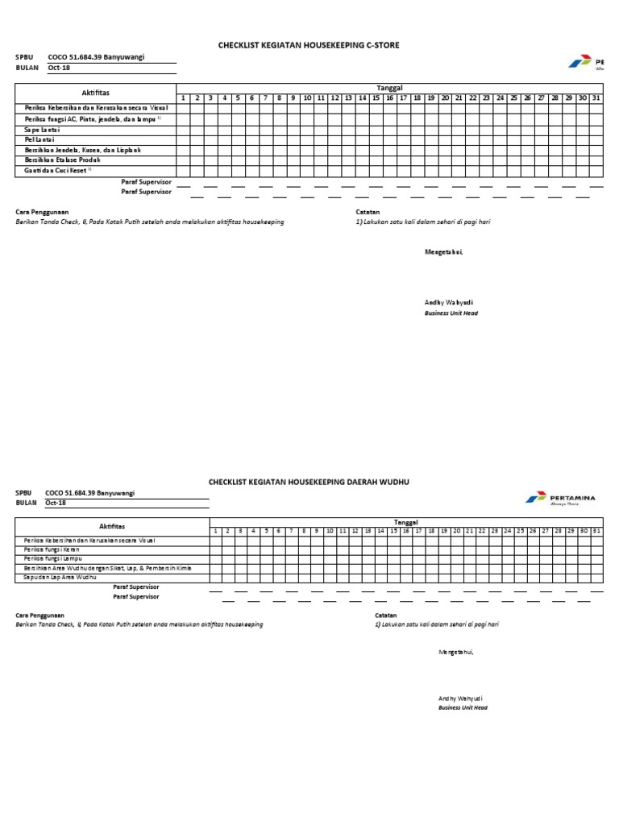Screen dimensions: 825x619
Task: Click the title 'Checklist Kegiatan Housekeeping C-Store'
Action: [309, 46]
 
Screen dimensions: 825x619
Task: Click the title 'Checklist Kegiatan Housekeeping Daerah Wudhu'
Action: [309, 481]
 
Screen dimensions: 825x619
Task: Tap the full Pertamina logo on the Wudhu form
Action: [561, 499]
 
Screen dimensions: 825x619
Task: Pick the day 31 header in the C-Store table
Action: [596, 97]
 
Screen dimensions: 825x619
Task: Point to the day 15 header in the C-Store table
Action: [376, 97]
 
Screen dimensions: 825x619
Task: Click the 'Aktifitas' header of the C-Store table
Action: [96, 93]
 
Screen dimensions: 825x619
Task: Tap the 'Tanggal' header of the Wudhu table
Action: [406, 523]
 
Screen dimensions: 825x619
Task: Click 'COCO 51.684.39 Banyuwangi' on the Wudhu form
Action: [90, 492]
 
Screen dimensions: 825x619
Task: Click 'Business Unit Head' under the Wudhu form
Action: [463, 707]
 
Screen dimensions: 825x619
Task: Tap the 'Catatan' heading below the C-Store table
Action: [368, 212]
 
